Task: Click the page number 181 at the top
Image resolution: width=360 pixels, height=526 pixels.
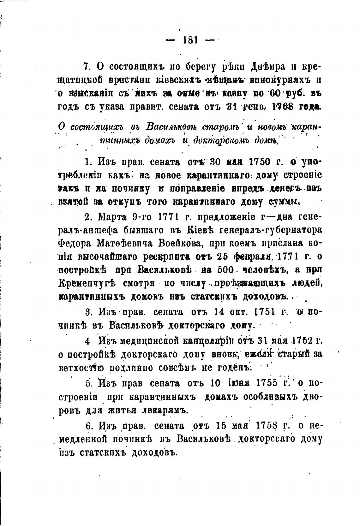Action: pyautogui.click(x=190, y=40)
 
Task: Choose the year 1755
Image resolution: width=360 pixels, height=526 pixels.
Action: pyautogui.click(x=268, y=383)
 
